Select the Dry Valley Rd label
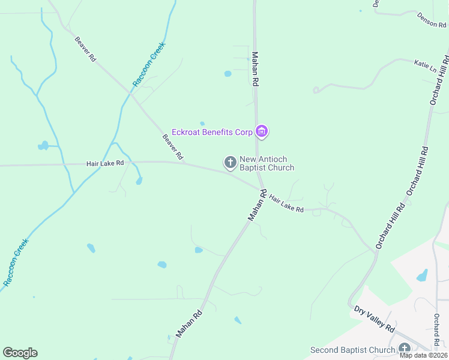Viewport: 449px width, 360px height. (x=373, y=319)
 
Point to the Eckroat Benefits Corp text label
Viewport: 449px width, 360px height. (x=212, y=131)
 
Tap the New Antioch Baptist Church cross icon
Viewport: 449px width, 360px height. (x=230, y=162)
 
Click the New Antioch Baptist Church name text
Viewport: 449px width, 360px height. (x=267, y=163)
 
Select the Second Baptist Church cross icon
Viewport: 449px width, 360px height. (x=404, y=349)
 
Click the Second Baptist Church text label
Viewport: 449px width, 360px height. (x=352, y=350)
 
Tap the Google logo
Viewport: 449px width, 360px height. (x=20, y=353)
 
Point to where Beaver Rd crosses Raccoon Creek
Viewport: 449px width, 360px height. (x=130, y=93)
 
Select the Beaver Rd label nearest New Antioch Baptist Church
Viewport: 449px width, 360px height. (x=172, y=146)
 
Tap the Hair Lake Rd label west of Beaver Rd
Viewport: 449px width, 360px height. (x=105, y=163)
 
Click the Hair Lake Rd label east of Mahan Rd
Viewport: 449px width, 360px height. (x=286, y=203)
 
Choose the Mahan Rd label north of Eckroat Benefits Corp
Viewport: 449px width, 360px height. (x=255, y=68)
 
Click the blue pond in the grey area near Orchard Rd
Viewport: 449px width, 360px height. (x=423, y=275)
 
